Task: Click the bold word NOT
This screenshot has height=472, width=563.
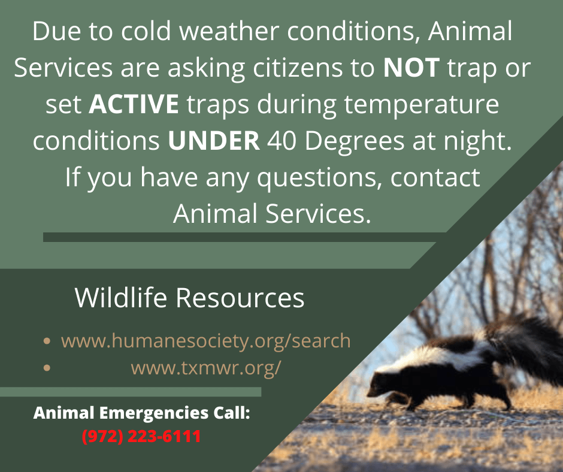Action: (411, 67)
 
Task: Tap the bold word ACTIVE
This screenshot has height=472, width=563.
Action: (134, 104)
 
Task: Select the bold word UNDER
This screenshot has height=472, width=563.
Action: (214, 140)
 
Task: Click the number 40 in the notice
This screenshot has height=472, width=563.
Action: (281, 140)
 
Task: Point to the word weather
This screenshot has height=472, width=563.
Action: (229, 31)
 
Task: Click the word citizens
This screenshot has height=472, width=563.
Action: (298, 67)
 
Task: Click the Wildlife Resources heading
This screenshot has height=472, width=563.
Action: (190, 298)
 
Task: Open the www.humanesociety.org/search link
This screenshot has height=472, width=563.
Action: (206, 341)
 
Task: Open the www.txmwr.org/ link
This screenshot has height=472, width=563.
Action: (206, 368)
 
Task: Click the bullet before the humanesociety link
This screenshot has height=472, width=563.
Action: (47, 341)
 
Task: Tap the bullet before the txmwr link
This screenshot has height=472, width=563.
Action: (47, 367)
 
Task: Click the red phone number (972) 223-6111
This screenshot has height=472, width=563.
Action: (141, 437)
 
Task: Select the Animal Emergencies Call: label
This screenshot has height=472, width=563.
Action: (141, 413)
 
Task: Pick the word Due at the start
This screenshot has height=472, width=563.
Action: (56, 31)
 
